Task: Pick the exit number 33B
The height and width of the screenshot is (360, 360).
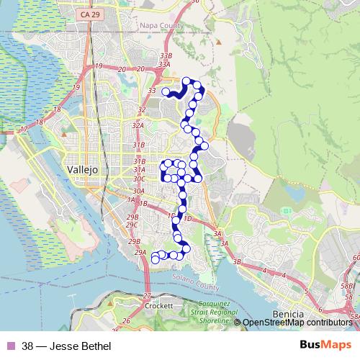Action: [x=166, y=55]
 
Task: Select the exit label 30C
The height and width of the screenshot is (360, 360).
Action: [x=139, y=178]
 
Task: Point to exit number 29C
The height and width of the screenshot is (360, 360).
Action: [x=132, y=225]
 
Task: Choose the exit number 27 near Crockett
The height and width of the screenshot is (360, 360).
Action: [x=148, y=296]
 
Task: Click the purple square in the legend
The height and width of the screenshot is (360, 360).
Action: [x=9, y=346]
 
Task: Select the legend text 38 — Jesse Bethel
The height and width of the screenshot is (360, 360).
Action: [x=66, y=346]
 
